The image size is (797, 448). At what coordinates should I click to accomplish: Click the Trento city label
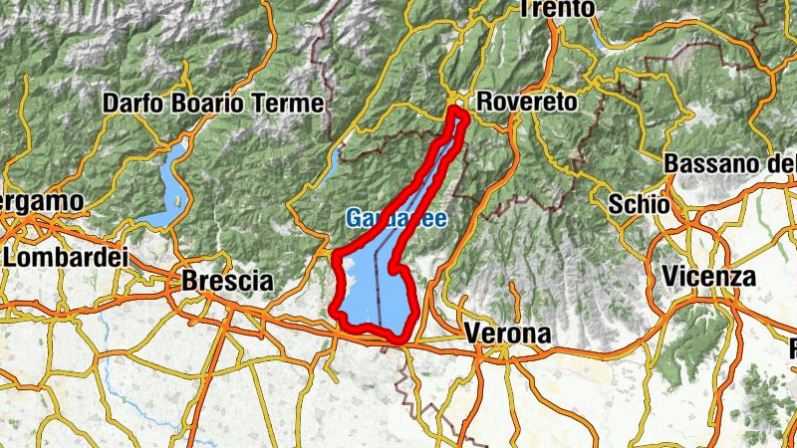557,9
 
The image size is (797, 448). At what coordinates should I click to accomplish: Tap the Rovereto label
527,102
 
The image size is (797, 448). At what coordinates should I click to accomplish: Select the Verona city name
507,336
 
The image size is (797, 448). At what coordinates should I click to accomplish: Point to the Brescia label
226,282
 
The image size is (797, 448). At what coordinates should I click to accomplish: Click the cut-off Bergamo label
41,201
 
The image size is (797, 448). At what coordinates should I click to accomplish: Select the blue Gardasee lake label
396,218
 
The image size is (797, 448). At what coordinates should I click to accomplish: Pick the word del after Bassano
783,162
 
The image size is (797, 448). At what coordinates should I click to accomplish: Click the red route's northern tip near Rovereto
458,111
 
